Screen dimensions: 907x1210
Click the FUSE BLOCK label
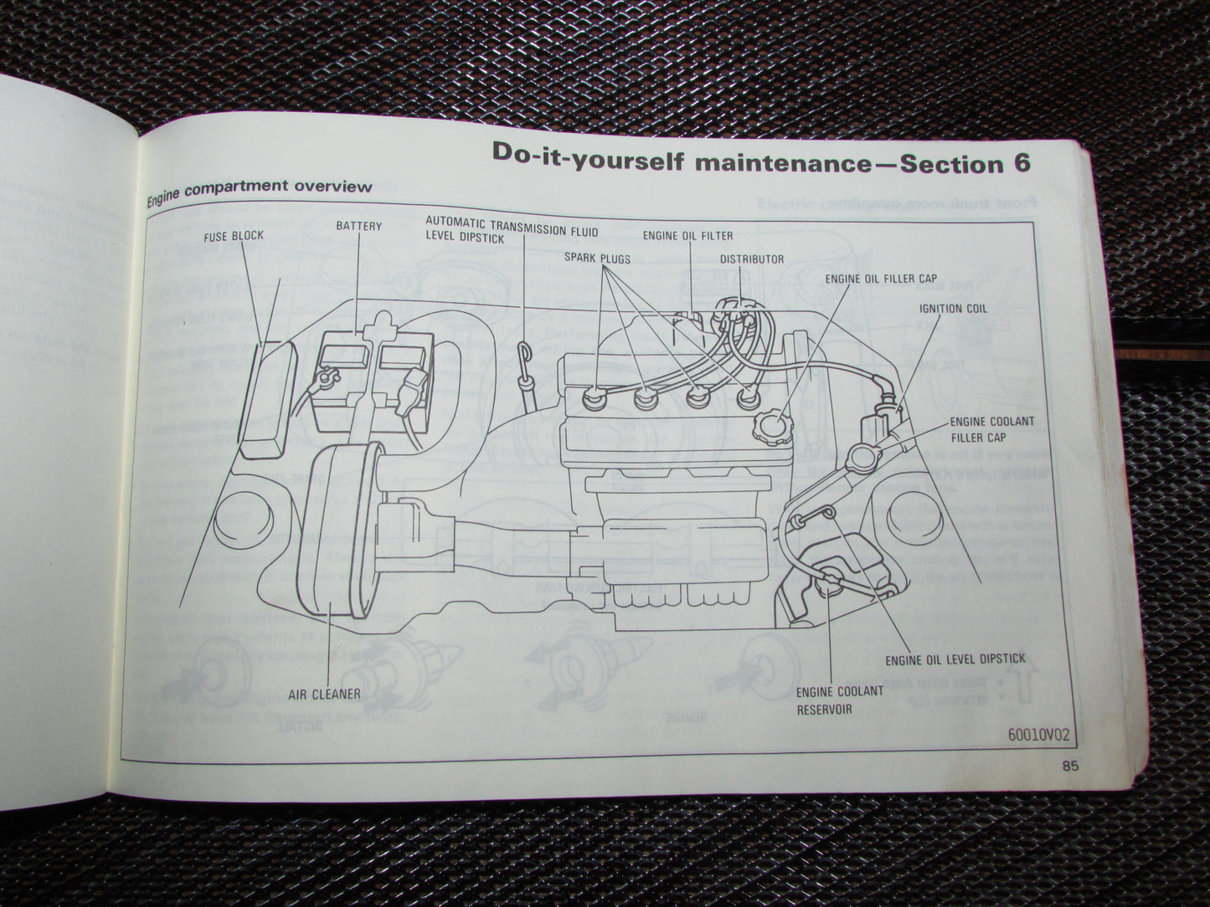[x=234, y=236]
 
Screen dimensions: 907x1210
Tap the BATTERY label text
[x=358, y=226]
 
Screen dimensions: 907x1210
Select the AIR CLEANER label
[x=325, y=694]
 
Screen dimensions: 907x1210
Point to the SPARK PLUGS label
[x=597, y=258]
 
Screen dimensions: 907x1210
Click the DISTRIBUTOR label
[x=752, y=259]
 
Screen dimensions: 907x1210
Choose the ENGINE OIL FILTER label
[x=687, y=236]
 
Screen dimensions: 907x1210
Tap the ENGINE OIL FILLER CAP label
[x=881, y=279]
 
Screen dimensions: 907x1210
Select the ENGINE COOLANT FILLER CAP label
[x=991, y=429]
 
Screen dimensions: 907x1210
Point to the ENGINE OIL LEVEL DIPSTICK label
[x=955, y=659]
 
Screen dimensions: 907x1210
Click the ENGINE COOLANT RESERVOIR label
[x=839, y=699]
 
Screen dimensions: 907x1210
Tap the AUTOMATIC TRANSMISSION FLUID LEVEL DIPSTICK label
[x=512, y=228]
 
